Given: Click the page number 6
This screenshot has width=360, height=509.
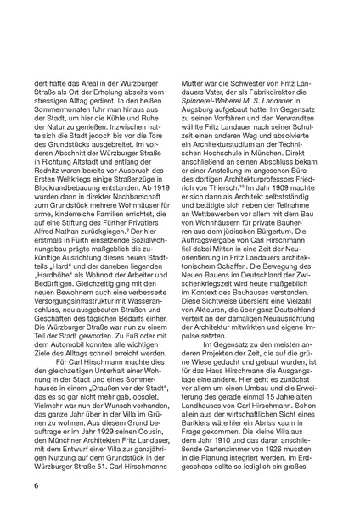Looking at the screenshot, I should (x=37, y=485).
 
